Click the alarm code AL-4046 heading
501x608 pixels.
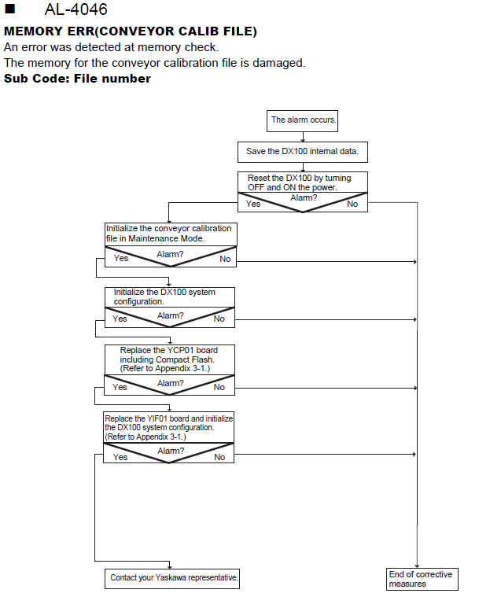point(76,9)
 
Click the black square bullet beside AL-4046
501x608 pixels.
point(9,9)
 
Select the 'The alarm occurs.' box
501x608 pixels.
point(303,121)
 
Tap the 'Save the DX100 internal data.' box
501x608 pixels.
point(303,152)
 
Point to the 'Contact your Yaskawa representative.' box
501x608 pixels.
point(172,579)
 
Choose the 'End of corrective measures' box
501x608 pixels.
point(422,580)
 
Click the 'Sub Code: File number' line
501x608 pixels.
point(77,79)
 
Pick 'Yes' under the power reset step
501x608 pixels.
point(253,204)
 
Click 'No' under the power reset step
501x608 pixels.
point(352,204)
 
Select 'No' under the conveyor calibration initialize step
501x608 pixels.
point(225,259)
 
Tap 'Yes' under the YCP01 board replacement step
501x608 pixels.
point(120,387)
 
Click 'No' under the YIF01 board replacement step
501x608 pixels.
point(219,457)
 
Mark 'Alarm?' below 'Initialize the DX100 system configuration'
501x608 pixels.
point(170,315)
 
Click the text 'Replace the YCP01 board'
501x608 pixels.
point(168,350)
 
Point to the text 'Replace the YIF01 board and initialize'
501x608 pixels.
point(168,418)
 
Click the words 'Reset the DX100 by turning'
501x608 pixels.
point(300,178)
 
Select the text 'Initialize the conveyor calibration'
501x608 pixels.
point(168,228)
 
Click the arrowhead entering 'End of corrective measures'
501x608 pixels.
point(417,566)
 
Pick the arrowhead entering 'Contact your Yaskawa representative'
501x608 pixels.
point(169,567)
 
